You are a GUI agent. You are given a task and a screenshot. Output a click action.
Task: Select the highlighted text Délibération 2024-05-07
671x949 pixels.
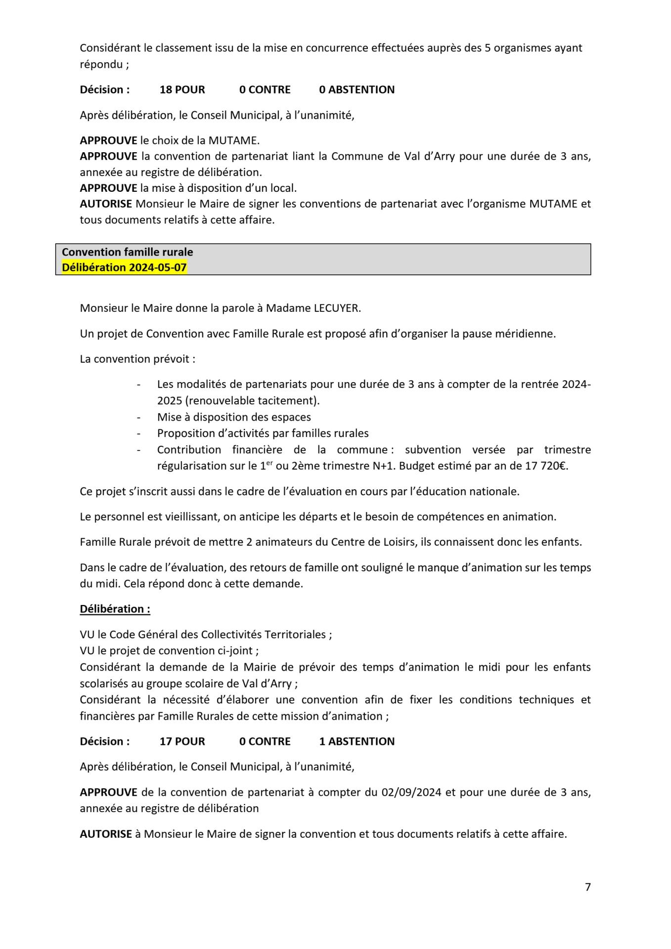click(x=124, y=267)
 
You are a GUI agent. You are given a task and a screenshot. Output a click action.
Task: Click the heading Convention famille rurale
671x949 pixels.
click(x=127, y=252)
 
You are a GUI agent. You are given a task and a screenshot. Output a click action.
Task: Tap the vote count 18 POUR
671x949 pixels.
click(x=182, y=89)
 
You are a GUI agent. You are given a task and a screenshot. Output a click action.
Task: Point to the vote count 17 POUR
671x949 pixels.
click(x=182, y=741)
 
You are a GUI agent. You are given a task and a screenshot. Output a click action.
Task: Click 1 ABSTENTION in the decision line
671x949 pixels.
click(x=357, y=741)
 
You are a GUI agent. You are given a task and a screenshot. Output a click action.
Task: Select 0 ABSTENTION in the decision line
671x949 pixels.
click(x=357, y=89)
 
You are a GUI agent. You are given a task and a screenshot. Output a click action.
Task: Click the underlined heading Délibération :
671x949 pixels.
click(x=115, y=608)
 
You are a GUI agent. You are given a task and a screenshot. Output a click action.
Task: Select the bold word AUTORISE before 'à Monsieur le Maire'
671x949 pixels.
click(x=106, y=834)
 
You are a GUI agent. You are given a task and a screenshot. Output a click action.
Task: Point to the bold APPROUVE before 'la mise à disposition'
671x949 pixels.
click(x=108, y=188)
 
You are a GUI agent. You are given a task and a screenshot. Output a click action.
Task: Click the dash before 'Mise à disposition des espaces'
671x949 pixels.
click(x=139, y=417)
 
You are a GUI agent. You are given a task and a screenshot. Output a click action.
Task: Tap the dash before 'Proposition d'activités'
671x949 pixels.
click(x=139, y=433)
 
